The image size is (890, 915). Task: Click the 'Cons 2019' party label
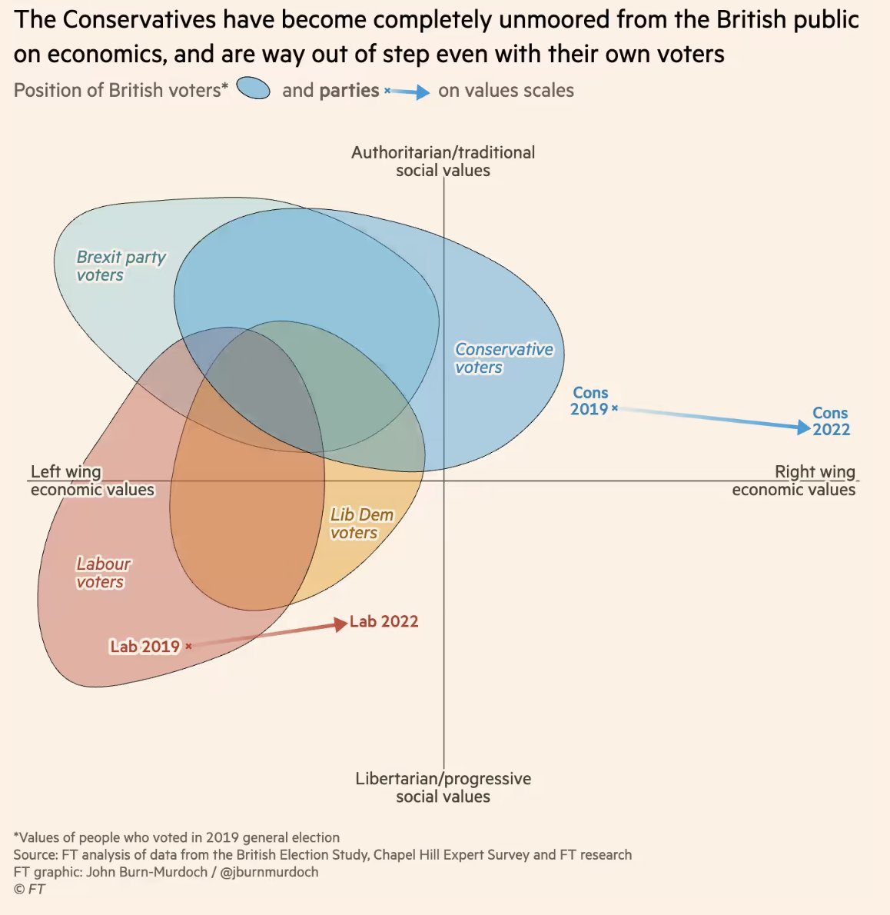click(589, 401)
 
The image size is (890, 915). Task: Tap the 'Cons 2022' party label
click(831, 421)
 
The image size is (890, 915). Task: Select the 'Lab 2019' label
click(144, 647)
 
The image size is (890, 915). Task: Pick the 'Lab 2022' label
click(384, 621)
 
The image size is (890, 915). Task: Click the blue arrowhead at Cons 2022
click(804, 428)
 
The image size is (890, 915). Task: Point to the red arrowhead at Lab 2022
click(340, 624)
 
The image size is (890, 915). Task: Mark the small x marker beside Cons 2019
click(615, 408)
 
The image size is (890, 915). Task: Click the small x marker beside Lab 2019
click(188, 647)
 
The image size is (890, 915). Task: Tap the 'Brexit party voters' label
click(121, 266)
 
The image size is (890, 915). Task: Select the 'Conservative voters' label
click(503, 358)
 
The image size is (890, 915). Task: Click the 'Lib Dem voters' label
click(361, 524)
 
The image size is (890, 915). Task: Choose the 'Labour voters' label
click(103, 573)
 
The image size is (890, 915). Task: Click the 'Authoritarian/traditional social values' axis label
click(443, 161)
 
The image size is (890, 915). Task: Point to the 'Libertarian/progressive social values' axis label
click(443, 787)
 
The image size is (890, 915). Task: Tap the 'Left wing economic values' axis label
click(91, 481)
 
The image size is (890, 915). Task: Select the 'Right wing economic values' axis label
click(794, 481)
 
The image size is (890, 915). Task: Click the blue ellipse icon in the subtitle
click(254, 89)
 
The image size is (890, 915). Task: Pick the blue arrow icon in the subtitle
click(407, 92)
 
